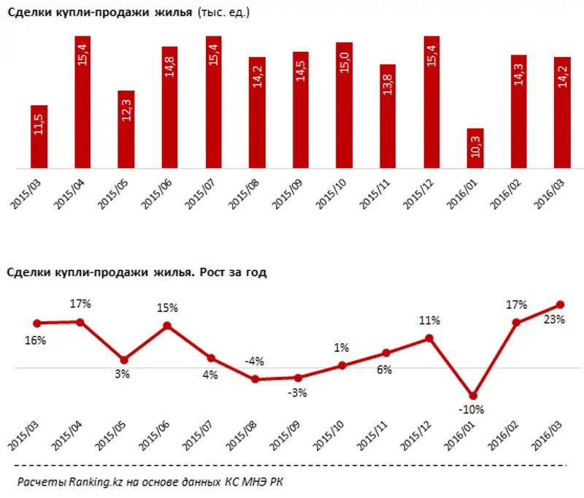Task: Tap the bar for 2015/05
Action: click(x=126, y=131)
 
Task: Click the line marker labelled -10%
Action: click(x=473, y=395)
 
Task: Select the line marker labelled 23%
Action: click(x=561, y=304)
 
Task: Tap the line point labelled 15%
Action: click(x=167, y=326)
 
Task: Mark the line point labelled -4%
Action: click(x=255, y=379)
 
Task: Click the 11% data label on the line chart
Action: click(x=428, y=321)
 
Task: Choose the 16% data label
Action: click(x=36, y=340)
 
